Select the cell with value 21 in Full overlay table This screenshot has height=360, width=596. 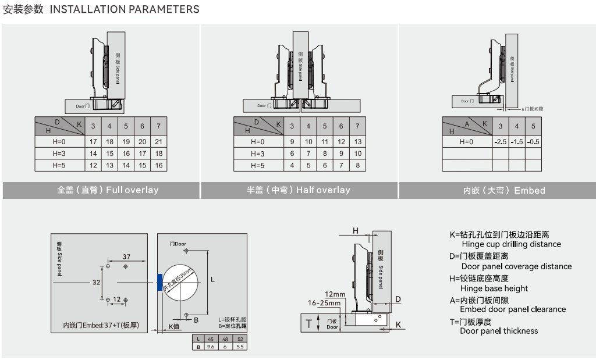(158, 141)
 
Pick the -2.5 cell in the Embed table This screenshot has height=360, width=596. (500, 141)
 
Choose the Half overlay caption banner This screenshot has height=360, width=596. (299, 190)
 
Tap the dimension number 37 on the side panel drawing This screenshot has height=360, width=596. (126, 256)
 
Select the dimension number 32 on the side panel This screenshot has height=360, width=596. (97, 282)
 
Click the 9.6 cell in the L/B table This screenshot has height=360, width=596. (210, 346)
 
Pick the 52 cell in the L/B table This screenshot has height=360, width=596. (240, 339)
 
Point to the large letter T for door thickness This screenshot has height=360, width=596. (309, 323)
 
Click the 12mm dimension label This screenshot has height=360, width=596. (335, 294)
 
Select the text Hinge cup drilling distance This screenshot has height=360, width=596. (510, 244)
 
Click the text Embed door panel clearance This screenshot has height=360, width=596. (512, 309)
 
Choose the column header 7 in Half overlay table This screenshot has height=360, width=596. (357, 126)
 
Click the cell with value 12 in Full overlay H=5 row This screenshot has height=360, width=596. (93, 165)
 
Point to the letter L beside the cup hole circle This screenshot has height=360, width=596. (212, 280)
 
